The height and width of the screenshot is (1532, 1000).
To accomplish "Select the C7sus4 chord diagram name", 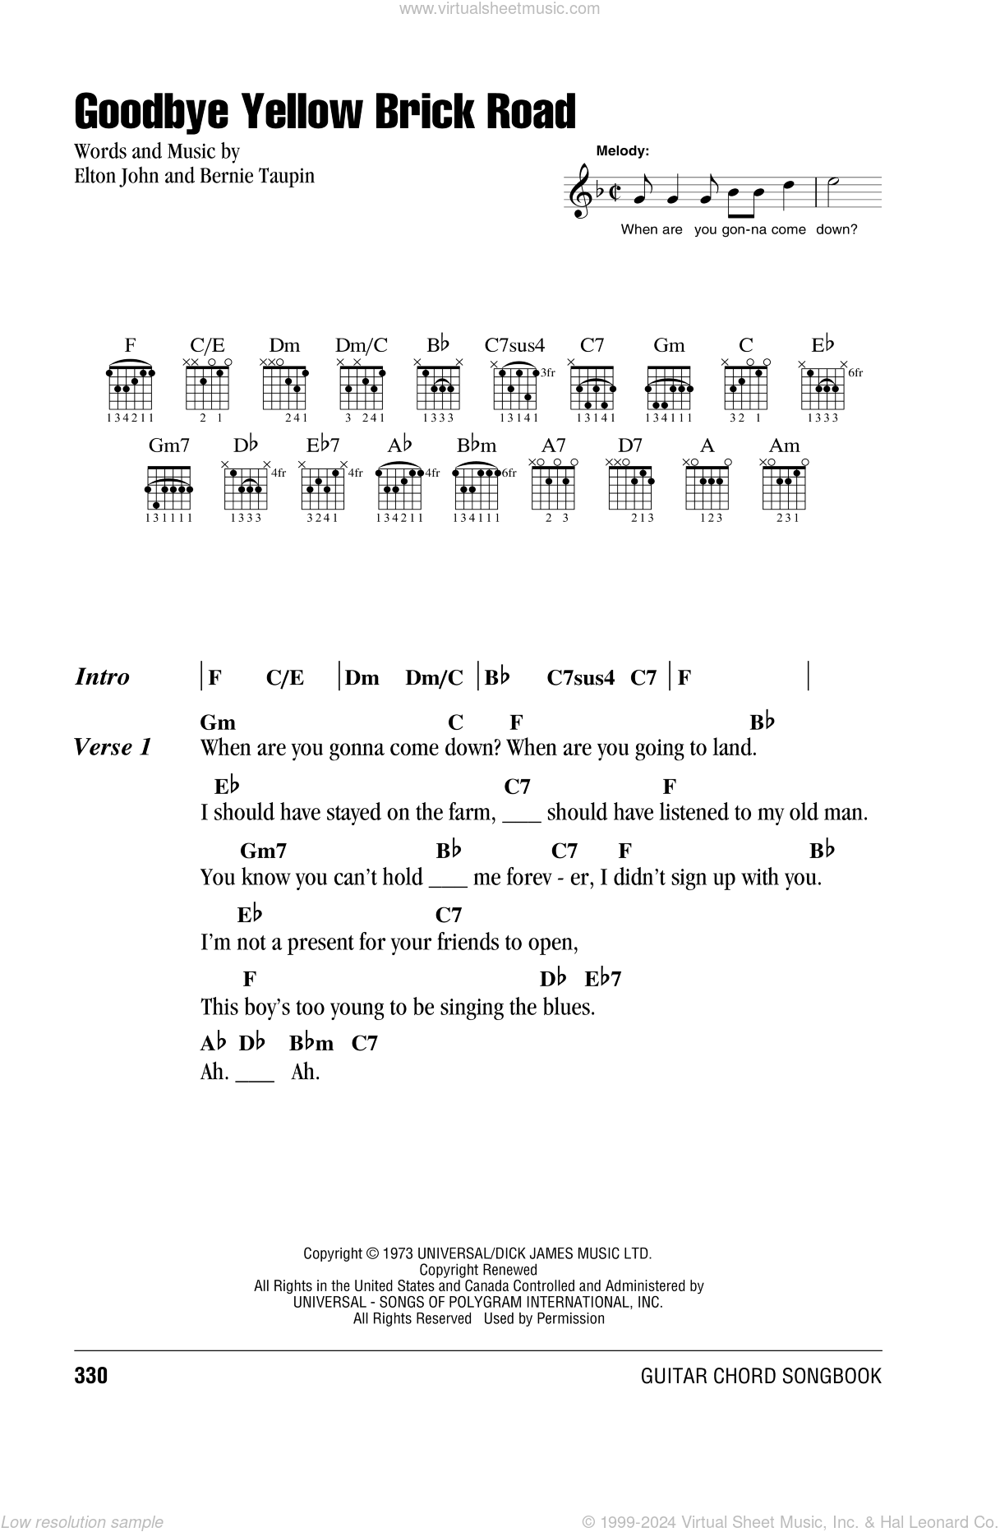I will (x=514, y=345).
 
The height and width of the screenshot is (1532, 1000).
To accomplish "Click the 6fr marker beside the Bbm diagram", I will (x=509, y=473).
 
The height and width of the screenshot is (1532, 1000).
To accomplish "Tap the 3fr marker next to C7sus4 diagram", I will (x=547, y=373).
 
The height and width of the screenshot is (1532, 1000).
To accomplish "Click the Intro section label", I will (x=103, y=677).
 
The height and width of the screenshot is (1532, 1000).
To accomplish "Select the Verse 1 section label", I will (x=113, y=747).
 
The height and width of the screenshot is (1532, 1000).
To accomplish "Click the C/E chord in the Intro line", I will (x=285, y=678).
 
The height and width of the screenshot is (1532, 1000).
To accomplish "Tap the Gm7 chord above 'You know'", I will (x=263, y=851).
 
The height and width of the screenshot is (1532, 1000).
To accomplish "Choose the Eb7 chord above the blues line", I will (x=602, y=979).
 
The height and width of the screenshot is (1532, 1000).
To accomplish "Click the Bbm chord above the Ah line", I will (x=311, y=1044).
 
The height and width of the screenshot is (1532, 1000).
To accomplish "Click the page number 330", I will (x=91, y=1376).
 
